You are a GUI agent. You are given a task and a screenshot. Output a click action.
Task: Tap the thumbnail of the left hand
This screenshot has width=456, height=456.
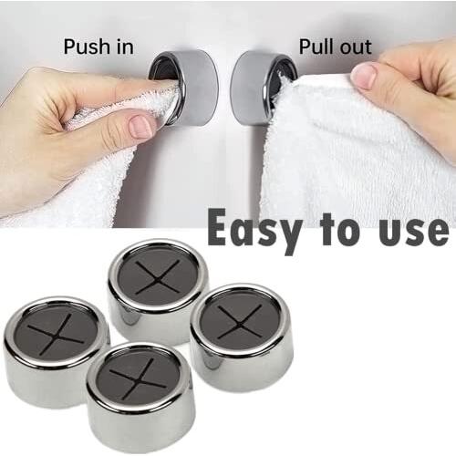pyautogui.click(x=141, y=126)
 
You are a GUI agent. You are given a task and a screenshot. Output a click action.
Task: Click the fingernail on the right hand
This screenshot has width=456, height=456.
pyautogui.click(x=364, y=77)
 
